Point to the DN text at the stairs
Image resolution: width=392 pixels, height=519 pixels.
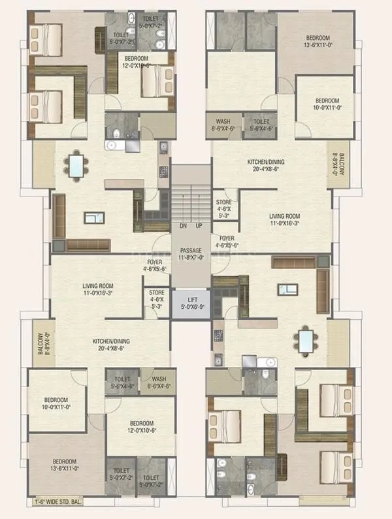tap(184, 227)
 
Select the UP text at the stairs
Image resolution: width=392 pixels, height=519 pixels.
tap(199, 227)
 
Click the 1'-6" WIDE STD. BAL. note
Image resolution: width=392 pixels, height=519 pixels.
tap(65, 503)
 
